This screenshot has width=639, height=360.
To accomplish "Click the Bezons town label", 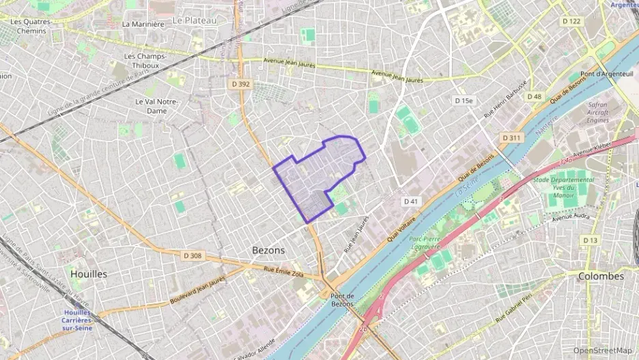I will pos(268,251).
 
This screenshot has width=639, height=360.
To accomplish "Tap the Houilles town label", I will pos(89,274).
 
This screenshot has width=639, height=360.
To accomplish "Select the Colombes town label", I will pos(601,277).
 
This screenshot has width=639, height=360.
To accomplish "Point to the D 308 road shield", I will pos(193,255).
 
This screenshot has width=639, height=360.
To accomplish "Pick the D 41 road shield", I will pos(410,202).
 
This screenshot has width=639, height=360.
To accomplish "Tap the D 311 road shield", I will pos(511,138).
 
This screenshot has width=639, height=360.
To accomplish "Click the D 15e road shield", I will pos(464,101).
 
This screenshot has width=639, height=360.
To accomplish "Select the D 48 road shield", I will pos(534,96).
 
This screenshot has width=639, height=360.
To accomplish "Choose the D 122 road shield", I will pos(571,21).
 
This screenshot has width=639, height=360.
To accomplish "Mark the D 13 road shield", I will pos(590,240).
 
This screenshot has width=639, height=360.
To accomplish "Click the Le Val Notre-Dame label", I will pos(157,106).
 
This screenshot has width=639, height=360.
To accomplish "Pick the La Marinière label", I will pos(143,24).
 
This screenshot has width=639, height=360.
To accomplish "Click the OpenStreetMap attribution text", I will pos(603,350).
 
